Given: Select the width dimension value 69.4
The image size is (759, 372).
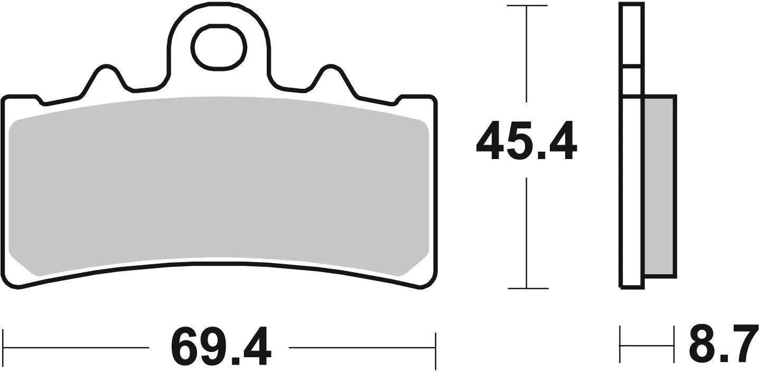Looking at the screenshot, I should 221,348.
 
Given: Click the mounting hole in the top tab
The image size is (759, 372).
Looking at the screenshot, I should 219,48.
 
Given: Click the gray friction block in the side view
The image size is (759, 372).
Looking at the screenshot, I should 659,186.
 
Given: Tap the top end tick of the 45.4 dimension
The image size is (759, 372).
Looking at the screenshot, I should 527,6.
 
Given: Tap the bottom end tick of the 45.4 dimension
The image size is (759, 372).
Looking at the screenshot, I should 527,289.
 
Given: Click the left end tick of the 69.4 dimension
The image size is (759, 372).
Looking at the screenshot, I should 4,348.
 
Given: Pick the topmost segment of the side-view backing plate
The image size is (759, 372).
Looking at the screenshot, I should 632,35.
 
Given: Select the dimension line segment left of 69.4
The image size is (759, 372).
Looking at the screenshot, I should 77,348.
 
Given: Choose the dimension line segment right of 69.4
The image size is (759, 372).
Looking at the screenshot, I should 362,348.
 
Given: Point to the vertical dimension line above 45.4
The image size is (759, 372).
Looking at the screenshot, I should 527,53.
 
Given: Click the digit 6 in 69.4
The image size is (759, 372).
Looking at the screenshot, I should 186,348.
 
